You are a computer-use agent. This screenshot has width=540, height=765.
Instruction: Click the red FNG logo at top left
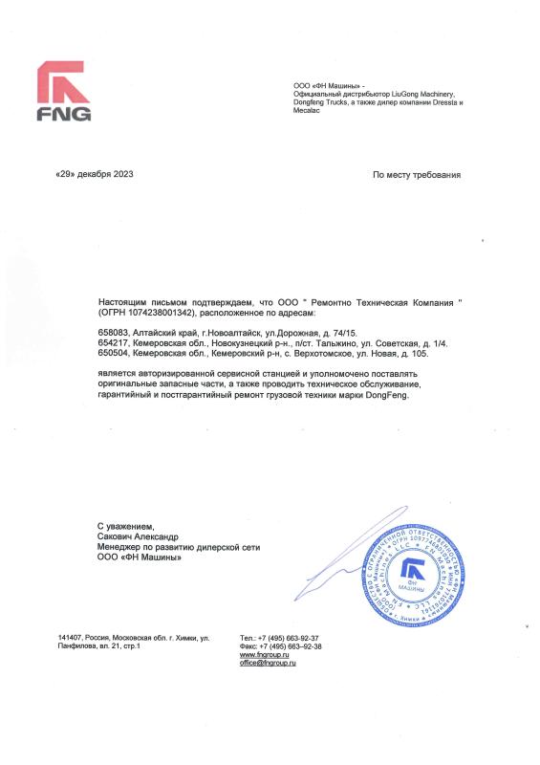coord(64,93)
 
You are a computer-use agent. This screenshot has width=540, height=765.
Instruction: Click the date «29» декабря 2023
coord(95,175)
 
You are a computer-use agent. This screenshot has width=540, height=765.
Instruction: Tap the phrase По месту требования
coord(416,175)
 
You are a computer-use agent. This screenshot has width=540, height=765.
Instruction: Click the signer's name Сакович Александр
coord(137,537)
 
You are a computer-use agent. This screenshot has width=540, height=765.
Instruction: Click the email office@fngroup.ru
coord(269,663)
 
